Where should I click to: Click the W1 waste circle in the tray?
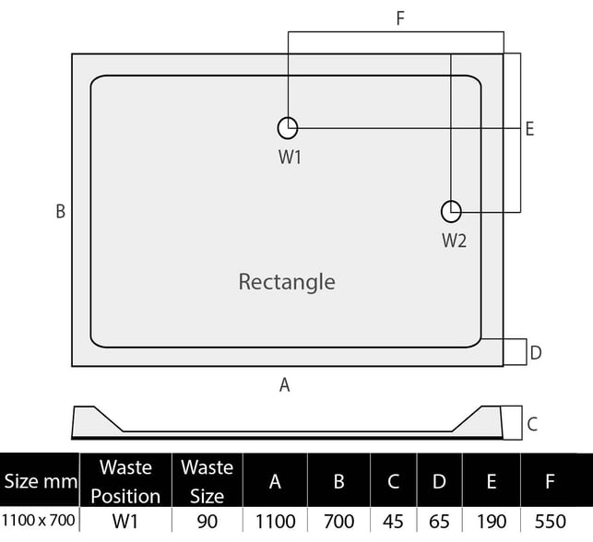[279, 128]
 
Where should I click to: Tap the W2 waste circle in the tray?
[442, 212]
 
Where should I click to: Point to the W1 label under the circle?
[290, 158]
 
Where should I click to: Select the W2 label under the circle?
[455, 241]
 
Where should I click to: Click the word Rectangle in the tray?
[287, 282]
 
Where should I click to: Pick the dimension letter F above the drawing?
[400, 18]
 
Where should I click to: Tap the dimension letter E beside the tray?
[530, 129]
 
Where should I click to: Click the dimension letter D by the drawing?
[536, 353]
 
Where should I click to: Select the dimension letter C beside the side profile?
[532, 424]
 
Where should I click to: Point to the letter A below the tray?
[285, 385]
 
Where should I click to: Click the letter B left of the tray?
[61, 211]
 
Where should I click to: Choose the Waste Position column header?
[125, 481]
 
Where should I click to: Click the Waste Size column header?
[207, 481]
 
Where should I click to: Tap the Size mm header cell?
[41, 481]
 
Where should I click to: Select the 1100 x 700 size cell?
[39, 521]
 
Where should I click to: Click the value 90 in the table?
[208, 522]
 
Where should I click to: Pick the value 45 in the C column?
[393, 522]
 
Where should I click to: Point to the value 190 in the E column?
[492, 522]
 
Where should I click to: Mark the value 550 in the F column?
[551, 522]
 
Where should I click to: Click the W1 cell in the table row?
[125, 522]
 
